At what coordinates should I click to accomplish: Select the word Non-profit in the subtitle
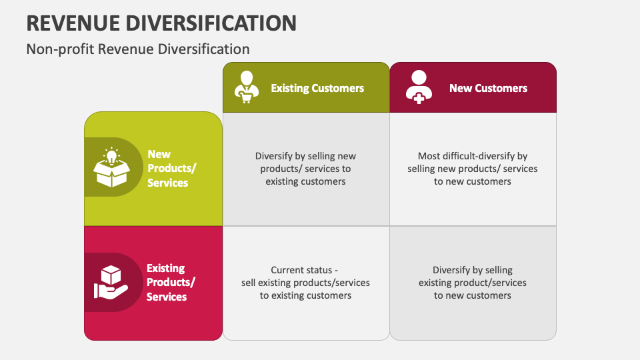point(60,49)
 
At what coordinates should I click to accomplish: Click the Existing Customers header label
point(317,88)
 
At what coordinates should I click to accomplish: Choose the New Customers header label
point(488,88)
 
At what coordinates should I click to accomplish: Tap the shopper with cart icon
point(247,87)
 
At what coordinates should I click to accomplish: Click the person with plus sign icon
point(419,87)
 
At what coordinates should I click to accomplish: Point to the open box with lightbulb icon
point(111,167)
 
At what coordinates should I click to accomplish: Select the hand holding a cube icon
point(111,282)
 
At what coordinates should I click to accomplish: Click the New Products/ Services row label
point(171,168)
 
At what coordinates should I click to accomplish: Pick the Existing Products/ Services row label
point(171,283)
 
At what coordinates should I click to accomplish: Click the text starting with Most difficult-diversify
point(473,169)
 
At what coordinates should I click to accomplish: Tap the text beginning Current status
point(305,283)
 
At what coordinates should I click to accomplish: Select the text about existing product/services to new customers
point(473,283)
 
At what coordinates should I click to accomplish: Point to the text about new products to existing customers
point(305,169)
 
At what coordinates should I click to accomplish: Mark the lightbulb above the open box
point(111,155)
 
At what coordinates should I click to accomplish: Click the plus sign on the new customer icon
point(419,98)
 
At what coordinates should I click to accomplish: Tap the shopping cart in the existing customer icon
point(246,98)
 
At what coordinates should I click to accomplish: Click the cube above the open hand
point(111,275)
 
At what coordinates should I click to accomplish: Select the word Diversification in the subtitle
point(204,49)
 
